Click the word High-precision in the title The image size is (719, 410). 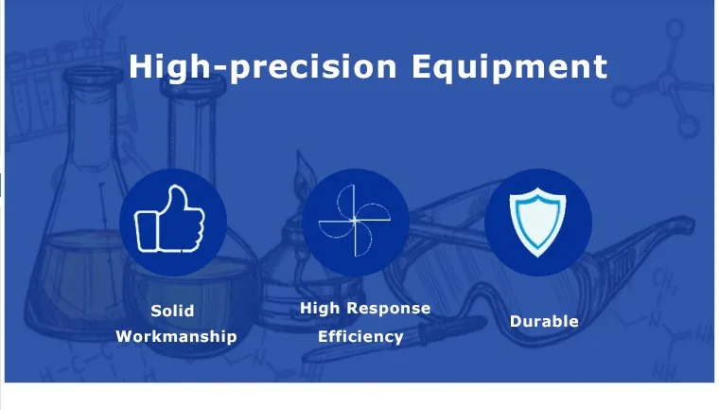click(263, 67)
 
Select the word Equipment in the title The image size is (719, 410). click(509, 67)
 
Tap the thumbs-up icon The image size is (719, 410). click(169, 219)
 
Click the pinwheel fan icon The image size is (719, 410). click(355, 221)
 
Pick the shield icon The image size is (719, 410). click(537, 222)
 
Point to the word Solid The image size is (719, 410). click(172, 311)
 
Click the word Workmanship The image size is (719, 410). click(176, 336)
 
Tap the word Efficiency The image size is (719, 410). click(360, 336)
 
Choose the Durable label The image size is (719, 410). click(544, 321)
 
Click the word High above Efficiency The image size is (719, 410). click(320, 308)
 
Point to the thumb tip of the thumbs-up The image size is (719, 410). click(176, 187)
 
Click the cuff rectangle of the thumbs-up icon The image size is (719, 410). click(146, 231)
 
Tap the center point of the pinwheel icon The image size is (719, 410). click(355, 221)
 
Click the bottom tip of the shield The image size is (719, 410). click(537, 257)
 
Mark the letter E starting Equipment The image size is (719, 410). click(421, 66)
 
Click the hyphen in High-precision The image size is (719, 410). click(221, 70)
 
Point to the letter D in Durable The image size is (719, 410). click(517, 321)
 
